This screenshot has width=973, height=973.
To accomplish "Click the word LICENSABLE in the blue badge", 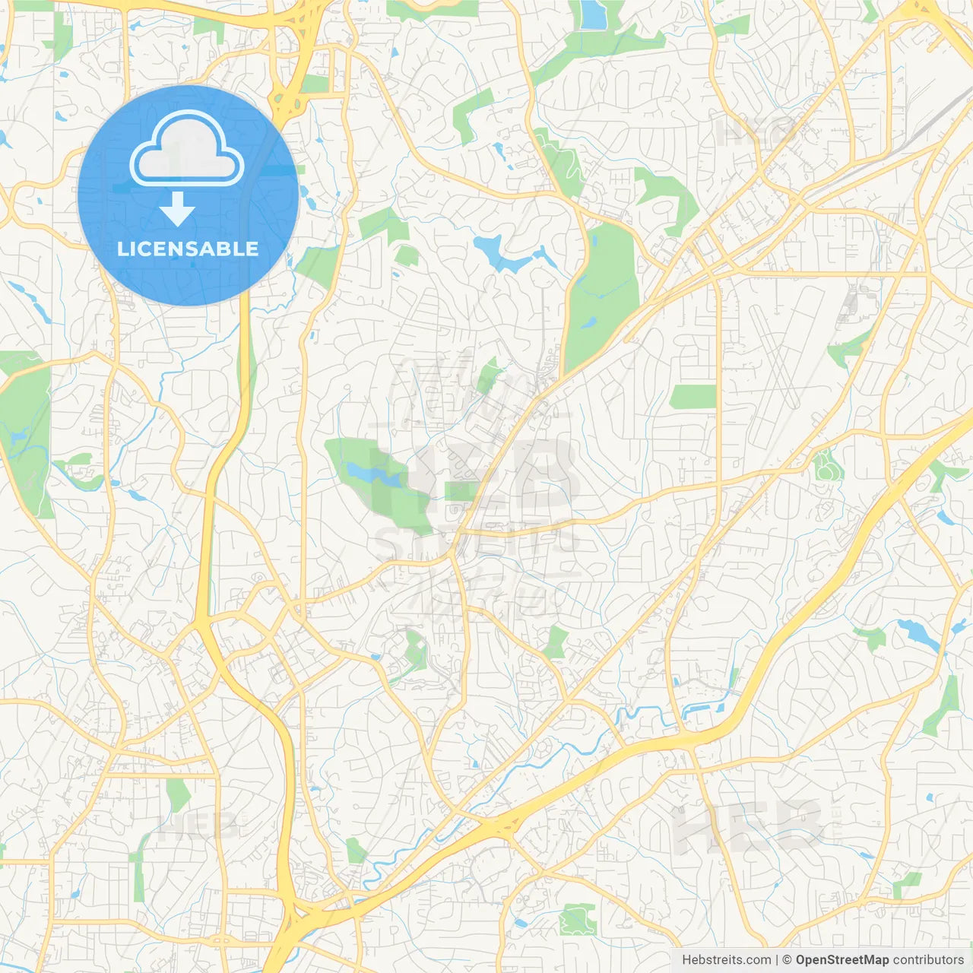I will [188, 249].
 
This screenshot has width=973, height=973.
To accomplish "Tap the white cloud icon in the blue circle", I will [187, 150].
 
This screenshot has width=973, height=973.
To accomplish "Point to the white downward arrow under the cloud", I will [177, 209].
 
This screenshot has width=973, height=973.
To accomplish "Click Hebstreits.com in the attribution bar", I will [726, 960].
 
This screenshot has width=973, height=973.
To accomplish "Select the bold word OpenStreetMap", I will [841, 960].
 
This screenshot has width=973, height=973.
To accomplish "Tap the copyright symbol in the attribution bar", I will [788, 960].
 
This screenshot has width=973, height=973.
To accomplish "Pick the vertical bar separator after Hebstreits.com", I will [777, 960].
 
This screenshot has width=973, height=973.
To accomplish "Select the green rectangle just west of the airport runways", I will [693, 397].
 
